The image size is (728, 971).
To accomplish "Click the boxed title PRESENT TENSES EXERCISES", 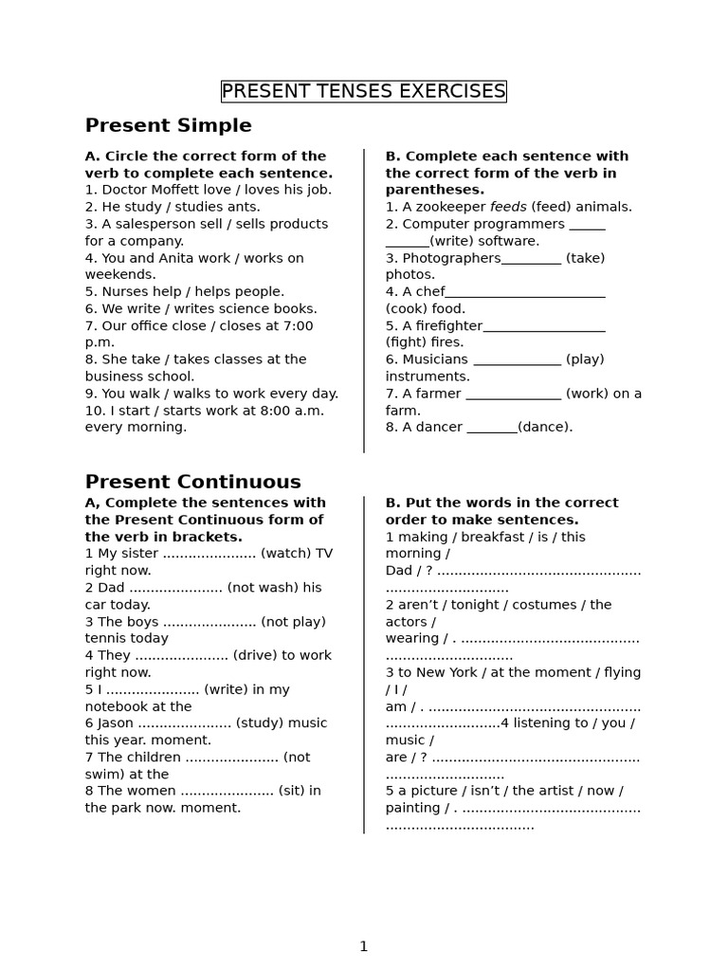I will [x=363, y=91].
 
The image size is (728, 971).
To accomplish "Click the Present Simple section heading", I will [x=169, y=126].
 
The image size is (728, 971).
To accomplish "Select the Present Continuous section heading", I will [x=193, y=482].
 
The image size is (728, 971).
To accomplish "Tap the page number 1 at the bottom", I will [x=363, y=945].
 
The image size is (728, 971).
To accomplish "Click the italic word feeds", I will [x=508, y=207].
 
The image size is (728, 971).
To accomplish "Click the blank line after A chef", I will [x=525, y=292].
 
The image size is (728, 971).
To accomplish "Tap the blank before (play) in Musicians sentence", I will [x=517, y=360].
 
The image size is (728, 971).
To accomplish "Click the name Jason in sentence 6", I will [x=116, y=724].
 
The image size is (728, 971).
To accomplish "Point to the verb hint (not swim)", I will [x=297, y=758].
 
